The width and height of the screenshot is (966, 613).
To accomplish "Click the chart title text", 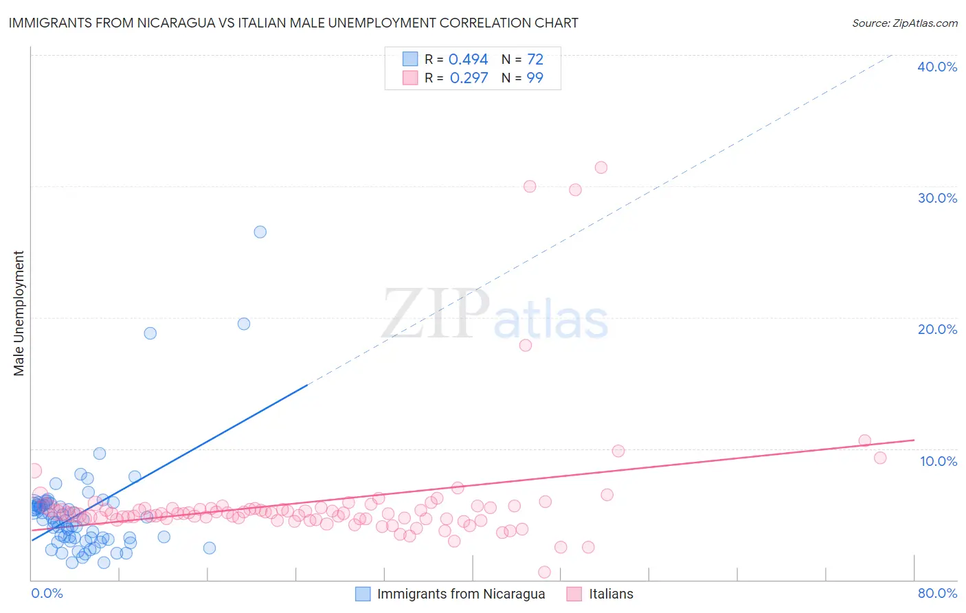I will [x=293, y=23].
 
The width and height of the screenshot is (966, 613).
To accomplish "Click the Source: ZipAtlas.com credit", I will [x=904, y=23].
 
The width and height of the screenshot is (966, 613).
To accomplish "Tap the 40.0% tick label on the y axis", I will [x=936, y=67].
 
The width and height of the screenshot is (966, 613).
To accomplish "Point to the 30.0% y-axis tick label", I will [x=936, y=198].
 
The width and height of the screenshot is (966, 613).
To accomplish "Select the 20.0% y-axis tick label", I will [x=936, y=329].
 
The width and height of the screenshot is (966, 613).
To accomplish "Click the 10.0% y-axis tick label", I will [x=938, y=461].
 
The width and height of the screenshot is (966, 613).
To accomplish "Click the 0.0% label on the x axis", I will [x=47, y=593].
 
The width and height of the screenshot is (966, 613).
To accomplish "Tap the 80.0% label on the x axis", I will [x=937, y=593].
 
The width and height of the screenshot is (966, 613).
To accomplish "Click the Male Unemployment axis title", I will [x=19, y=313].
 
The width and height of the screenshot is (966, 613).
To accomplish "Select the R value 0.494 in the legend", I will [x=468, y=60].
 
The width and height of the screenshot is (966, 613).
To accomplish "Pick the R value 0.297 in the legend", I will [x=469, y=78].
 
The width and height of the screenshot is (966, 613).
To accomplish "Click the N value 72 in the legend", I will [x=535, y=60].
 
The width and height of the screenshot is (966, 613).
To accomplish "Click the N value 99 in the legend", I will [x=535, y=78].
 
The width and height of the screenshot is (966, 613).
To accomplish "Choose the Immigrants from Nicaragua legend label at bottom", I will [x=460, y=594].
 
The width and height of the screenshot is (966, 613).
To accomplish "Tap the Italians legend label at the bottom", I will [x=611, y=594].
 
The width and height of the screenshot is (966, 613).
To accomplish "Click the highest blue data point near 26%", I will [x=260, y=232].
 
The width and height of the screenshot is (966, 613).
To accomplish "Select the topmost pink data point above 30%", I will [x=601, y=168].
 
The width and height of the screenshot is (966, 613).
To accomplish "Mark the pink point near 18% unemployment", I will [x=526, y=345].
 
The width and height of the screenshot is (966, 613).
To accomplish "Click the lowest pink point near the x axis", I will [x=544, y=572].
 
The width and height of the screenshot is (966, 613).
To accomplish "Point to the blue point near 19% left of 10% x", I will [x=150, y=333].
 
